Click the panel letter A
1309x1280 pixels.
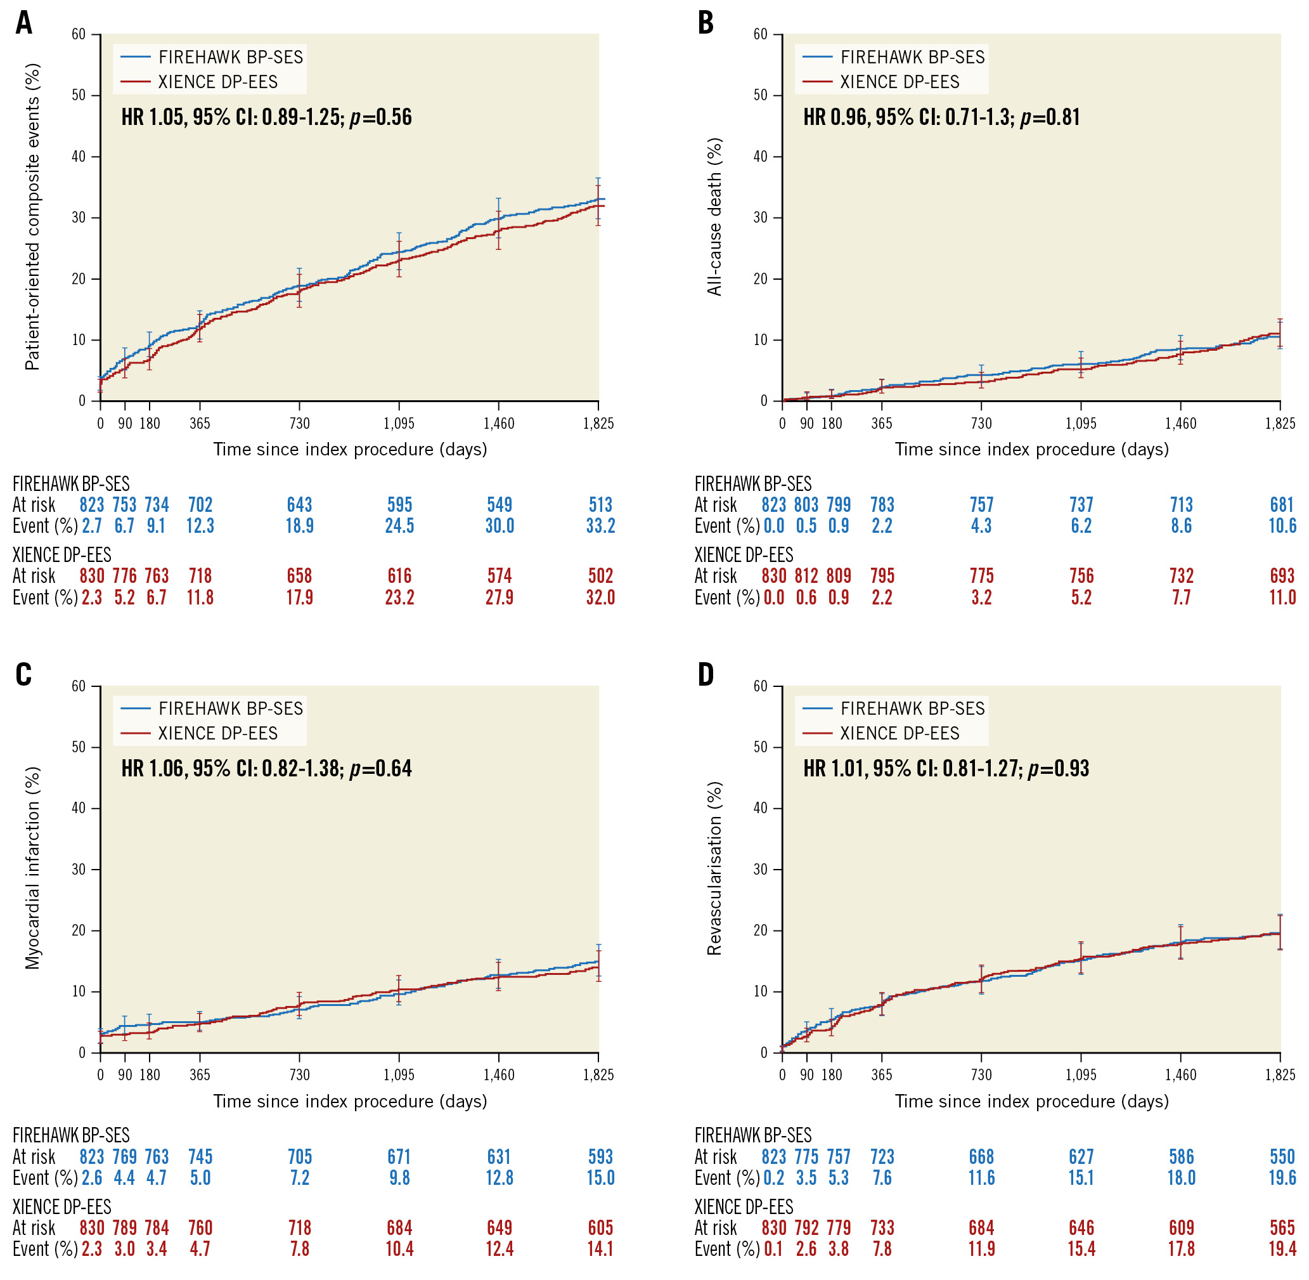24,23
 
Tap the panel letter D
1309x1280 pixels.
706,674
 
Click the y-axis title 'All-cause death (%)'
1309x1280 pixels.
714,216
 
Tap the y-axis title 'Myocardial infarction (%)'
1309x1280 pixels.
32,868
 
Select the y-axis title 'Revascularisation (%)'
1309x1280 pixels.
714,868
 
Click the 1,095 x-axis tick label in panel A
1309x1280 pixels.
399,424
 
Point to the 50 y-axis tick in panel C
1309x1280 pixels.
79,748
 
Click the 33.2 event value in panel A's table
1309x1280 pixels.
600,526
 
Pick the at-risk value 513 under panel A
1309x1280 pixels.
600,505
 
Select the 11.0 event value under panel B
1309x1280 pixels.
1282,597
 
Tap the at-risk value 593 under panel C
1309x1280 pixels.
600,1157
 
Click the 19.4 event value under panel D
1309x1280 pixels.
1282,1249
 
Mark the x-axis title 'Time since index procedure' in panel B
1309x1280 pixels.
1031,449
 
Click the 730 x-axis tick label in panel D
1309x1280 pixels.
981,1075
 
